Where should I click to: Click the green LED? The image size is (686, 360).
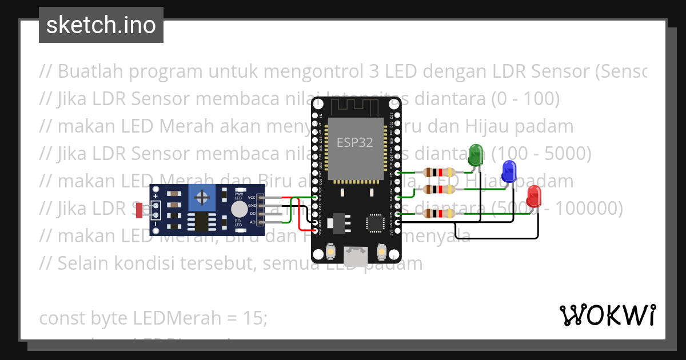(x=475, y=154)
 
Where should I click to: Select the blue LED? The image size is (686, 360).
(x=509, y=170)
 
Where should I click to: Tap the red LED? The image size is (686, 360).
(x=534, y=195)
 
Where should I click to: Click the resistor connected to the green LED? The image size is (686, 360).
(x=438, y=172)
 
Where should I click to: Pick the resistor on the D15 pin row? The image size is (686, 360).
(x=438, y=214)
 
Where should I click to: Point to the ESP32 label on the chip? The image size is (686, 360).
(x=354, y=143)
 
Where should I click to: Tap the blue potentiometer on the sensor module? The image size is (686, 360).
(x=202, y=198)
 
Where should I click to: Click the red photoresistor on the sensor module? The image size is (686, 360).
(x=139, y=210)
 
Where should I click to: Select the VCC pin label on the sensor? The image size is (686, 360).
(x=252, y=197)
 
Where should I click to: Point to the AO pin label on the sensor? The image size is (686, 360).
(x=252, y=222)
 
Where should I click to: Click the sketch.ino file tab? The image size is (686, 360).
(x=101, y=25)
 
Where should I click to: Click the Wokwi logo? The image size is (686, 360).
(x=608, y=315)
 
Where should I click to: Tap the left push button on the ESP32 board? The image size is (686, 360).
(x=330, y=251)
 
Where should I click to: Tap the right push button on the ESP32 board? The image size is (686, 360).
(x=381, y=251)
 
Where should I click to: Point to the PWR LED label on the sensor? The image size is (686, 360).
(x=238, y=195)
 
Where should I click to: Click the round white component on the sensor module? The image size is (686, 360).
(x=239, y=209)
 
